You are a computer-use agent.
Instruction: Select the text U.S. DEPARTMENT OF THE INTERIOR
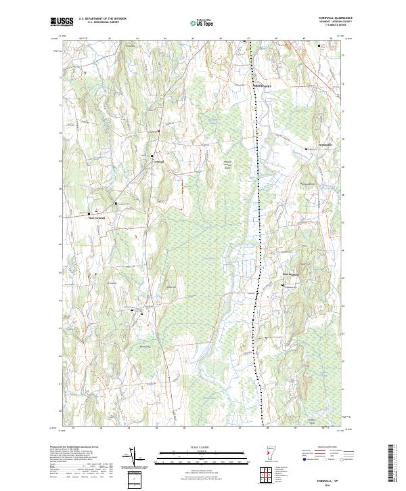click(x=101, y=18)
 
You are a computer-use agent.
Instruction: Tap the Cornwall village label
click(x=158, y=161)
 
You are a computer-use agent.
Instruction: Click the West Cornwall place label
click(x=97, y=217)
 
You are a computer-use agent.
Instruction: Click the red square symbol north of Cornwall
click(x=158, y=131)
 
